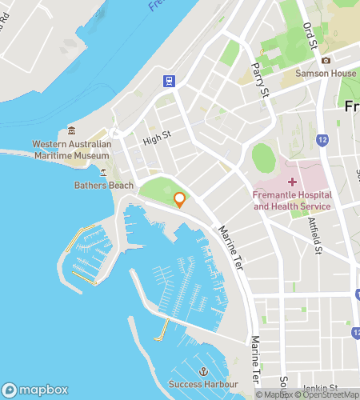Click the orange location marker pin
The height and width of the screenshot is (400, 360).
click(x=180, y=200)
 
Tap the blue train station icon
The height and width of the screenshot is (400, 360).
click(x=170, y=80)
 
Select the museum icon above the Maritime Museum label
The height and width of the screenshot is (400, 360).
click(x=71, y=131)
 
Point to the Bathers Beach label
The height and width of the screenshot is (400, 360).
click(x=103, y=185)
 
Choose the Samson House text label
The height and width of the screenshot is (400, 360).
click(x=326, y=73)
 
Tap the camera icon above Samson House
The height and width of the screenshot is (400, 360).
click(x=326, y=61)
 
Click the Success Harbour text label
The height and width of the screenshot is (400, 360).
click(x=203, y=385)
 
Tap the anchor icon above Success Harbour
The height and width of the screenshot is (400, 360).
click(x=203, y=373)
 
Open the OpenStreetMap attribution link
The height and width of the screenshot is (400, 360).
click(x=329, y=394)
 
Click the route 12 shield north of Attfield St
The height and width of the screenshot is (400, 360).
click(x=322, y=140)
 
